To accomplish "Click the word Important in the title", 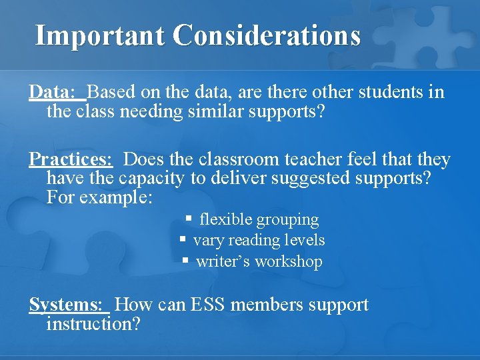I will [99, 35].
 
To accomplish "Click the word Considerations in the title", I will [267, 35].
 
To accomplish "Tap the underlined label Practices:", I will [71, 160].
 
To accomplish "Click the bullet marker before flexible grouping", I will [189, 218].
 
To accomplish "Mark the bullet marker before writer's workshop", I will [186, 261].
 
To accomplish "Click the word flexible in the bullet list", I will [226, 219].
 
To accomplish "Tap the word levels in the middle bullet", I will [304, 240].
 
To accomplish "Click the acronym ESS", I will [207, 305].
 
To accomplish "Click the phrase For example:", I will [100, 198].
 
